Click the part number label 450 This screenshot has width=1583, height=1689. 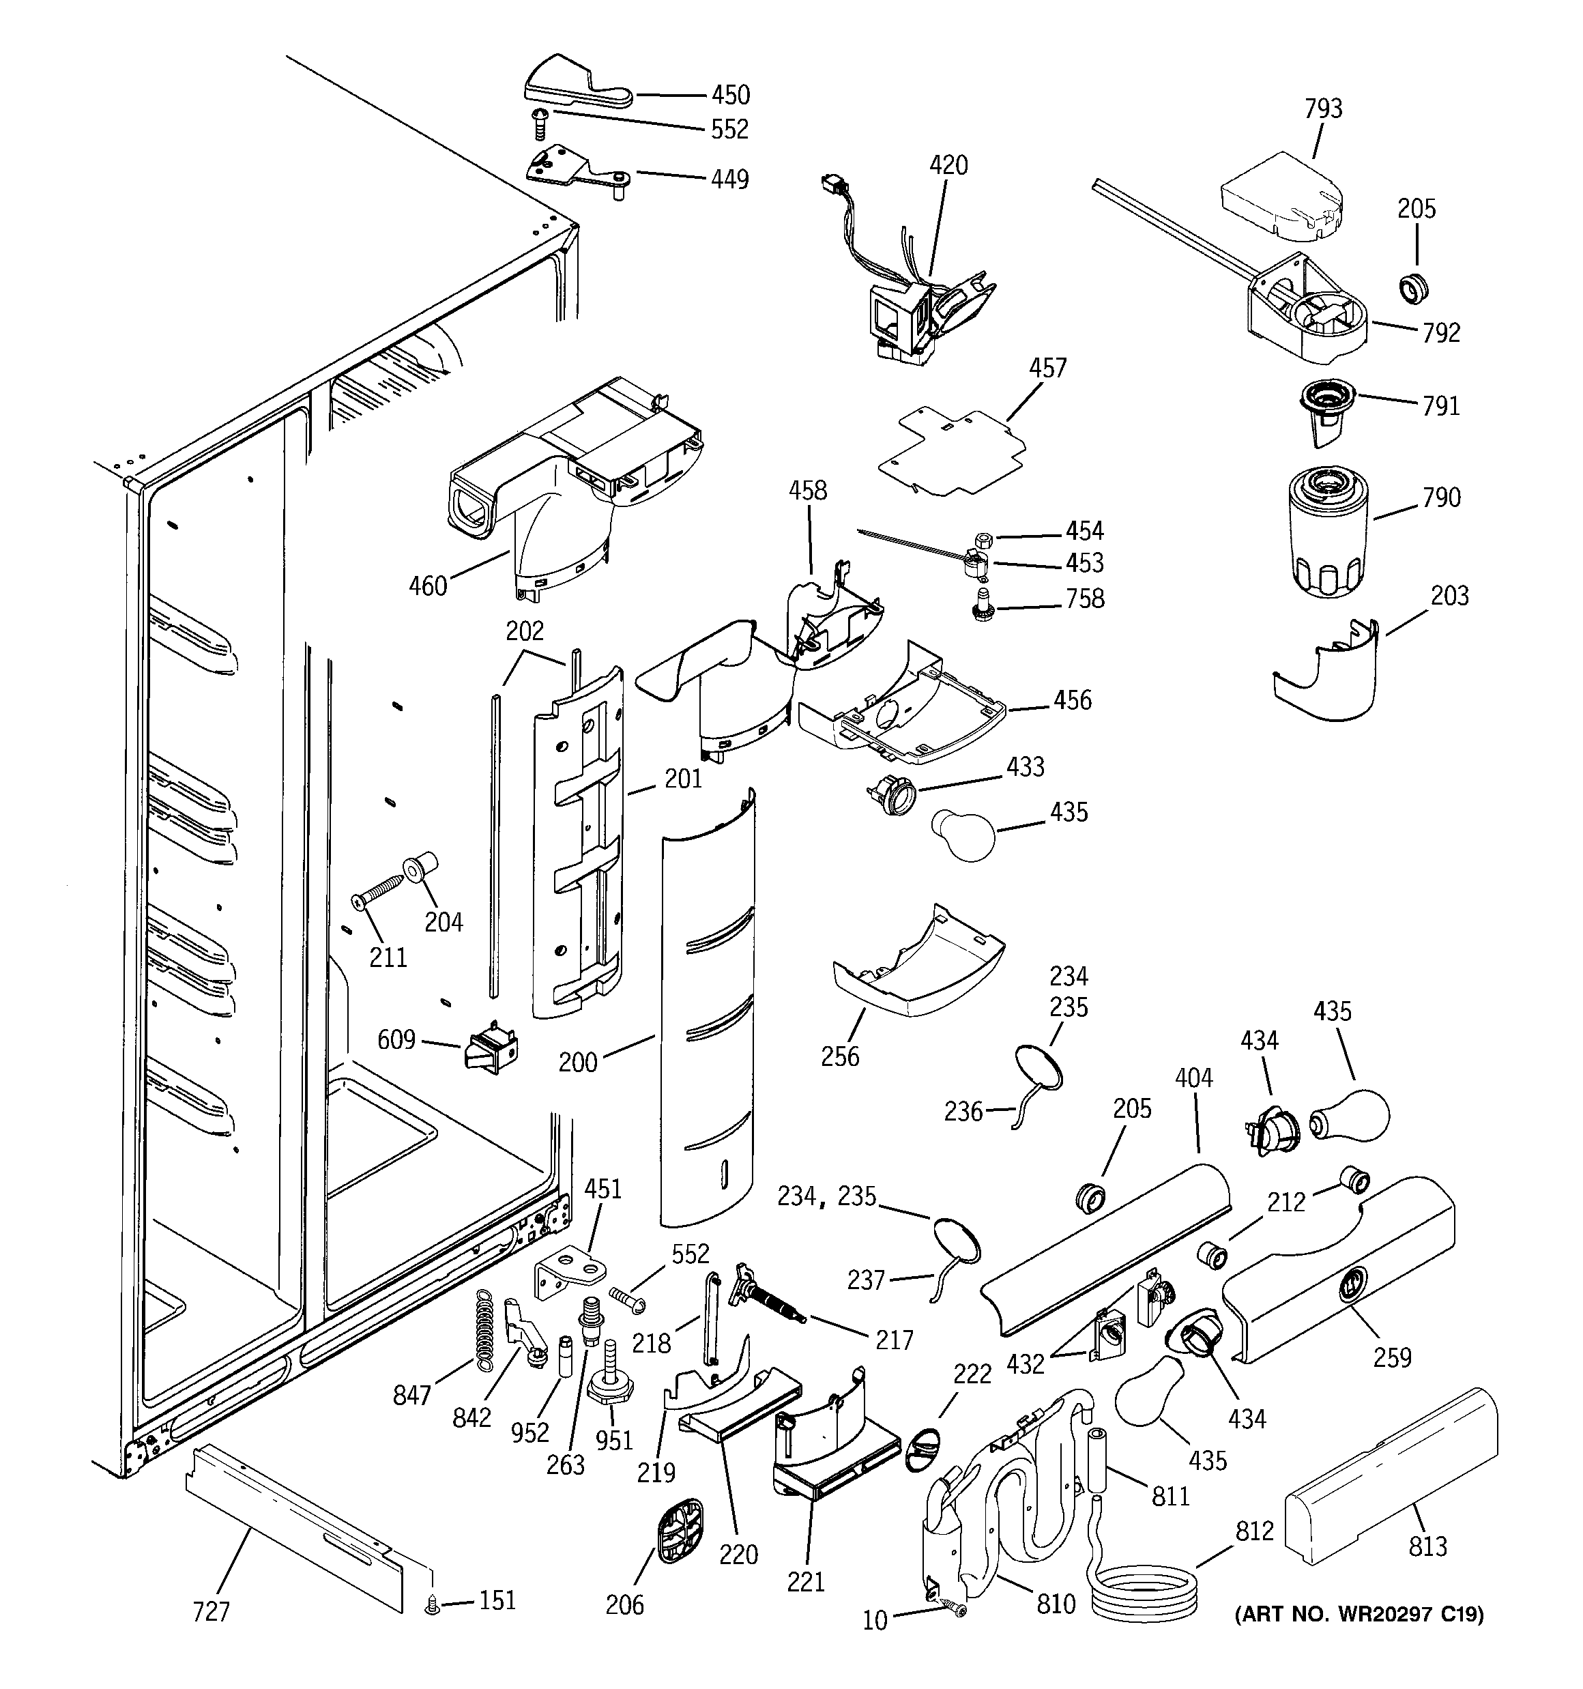731,94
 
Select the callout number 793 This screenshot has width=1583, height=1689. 1323,109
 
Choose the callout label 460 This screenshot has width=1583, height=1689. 427,586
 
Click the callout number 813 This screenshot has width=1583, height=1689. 1427,1546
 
